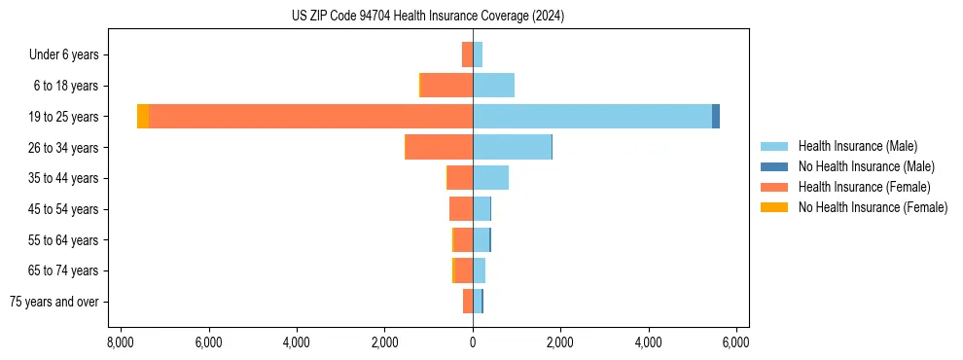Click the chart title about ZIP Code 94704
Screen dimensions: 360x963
pyautogui.click(x=427, y=17)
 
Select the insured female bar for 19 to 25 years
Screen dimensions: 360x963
pyautogui.click(x=310, y=117)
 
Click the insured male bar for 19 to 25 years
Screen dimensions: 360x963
pyautogui.click(x=591, y=117)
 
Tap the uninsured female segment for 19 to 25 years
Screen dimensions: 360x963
pyautogui.click(x=143, y=117)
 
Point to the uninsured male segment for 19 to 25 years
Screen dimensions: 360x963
pyautogui.click(x=716, y=117)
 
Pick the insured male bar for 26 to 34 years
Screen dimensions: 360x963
pyautogui.click(x=512, y=147)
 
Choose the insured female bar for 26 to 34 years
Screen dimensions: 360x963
pyautogui.click(x=440, y=147)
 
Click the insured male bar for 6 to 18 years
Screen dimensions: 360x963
pyautogui.click(x=493, y=86)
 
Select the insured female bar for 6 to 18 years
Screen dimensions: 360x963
pyautogui.click(x=446, y=86)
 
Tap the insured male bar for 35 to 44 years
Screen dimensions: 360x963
pyautogui.click(x=490, y=178)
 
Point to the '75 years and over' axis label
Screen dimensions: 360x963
pyautogui.click(x=54, y=302)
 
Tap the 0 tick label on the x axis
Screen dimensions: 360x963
pyautogui.click(x=473, y=342)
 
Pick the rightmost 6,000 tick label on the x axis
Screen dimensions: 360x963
pyautogui.click(x=736, y=342)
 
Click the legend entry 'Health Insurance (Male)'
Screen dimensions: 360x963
pyautogui.click(x=857, y=146)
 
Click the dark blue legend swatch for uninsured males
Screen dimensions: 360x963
pyautogui.click(x=774, y=166)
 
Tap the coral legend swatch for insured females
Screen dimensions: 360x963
pyautogui.click(x=774, y=187)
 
